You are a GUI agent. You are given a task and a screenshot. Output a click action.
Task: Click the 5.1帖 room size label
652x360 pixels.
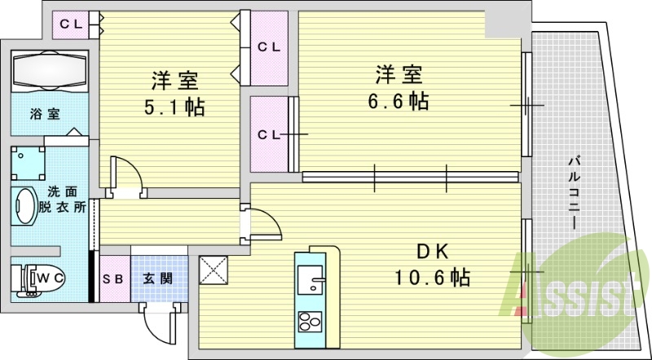click(x=174, y=108)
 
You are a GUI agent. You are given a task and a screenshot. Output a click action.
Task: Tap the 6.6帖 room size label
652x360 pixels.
click(x=398, y=101)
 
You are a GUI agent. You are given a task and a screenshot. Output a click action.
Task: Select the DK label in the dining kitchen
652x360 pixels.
click(x=433, y=252)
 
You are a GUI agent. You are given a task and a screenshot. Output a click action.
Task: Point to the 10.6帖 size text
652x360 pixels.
click(x=432, y=277)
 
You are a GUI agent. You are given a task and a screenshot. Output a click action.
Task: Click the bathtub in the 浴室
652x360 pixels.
click(x=50, y=71)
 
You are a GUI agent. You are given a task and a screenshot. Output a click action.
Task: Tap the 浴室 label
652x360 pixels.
click(x=45, y=114)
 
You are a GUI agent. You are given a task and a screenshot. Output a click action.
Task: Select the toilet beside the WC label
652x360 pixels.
click(x=37, y=279)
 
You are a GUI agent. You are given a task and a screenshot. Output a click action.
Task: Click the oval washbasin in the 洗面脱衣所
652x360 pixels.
click(x=26, y=205)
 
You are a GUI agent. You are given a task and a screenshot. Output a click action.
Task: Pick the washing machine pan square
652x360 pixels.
click(x=28, y=163)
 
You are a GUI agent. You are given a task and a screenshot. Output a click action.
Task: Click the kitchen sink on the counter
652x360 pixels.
click(x=311, y=279)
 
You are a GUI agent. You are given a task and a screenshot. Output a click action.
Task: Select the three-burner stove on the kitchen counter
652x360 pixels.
click(x=311, y=321)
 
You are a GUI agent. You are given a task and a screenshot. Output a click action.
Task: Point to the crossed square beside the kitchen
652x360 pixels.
click(x=214, y=270)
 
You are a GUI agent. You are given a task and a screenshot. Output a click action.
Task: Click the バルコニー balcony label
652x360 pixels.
click(x=575, y=191)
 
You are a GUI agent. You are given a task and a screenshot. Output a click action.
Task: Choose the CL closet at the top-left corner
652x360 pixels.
click(x=71, y=25)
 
